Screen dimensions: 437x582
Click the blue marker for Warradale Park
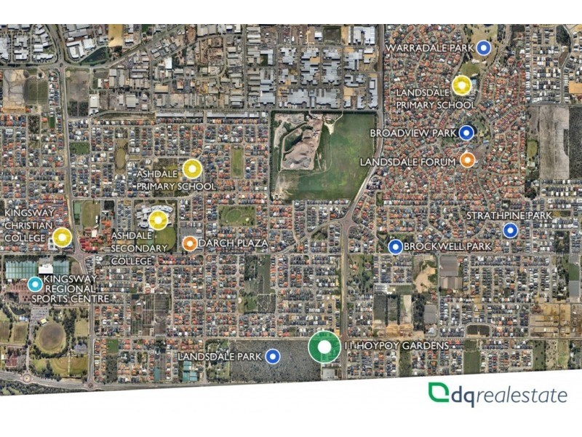click(x=484, y=48)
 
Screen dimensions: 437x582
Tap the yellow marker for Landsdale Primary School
click(x=462, y=85)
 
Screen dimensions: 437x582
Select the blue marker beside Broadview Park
click(x=467, y=133)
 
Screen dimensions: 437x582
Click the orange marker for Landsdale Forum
click(x=467, y=160)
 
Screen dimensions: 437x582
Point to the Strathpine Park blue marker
click(x=510, y=230)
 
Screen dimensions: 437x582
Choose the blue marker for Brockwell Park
click(x=396, y=247)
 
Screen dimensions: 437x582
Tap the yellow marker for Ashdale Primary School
click(x=191, y=169)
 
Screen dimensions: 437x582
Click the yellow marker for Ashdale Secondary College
click(x=158, y=219)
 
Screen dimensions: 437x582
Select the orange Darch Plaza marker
click(x=189, y=243)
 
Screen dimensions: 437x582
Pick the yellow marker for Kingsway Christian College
click(x=62, y=237)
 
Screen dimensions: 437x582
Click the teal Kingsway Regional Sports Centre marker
click(x=35, y=284)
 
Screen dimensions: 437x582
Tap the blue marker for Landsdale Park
click(x=273, y=356)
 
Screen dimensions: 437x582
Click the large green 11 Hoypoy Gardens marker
click(x=324, y=347)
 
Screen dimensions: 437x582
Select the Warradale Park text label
click(x=428, y=48)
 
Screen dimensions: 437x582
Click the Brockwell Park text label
click(x=447, y=247)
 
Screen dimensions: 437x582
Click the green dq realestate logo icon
click(x=438, y=393)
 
